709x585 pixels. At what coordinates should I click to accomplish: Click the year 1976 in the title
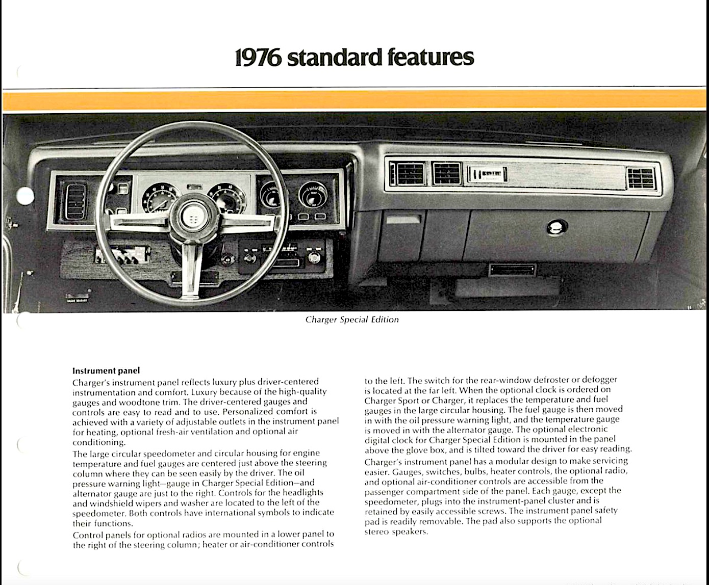click(259, 58)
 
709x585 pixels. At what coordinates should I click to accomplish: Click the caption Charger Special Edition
click(352, 320)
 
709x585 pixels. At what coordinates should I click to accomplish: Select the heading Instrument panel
click(106, 370)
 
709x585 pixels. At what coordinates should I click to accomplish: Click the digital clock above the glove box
click(488, 174)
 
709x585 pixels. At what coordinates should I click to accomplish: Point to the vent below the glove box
click(512, 269)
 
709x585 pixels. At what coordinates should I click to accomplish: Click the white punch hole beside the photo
click(24, 195)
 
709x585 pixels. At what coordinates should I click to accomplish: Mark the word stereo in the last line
click(376, 531)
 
